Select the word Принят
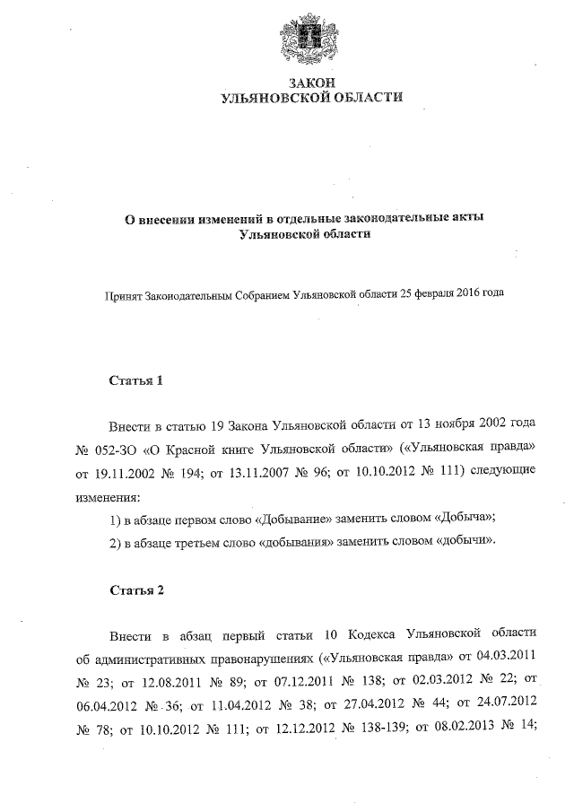(x=125, y=293)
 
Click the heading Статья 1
(x=136, y=380)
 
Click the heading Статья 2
(x=136, y=589)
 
